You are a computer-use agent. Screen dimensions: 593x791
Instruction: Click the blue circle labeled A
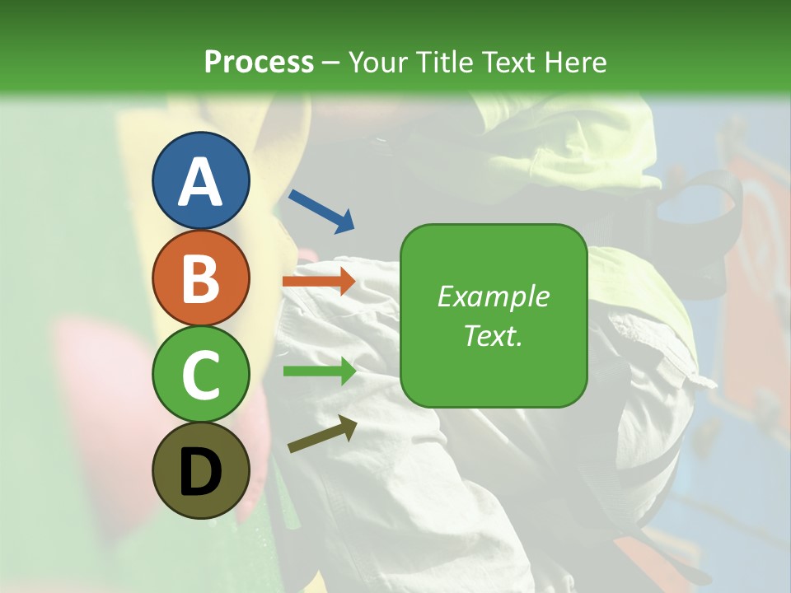click(x=200, y=180)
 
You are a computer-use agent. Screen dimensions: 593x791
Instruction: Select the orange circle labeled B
click(x=200, y=278)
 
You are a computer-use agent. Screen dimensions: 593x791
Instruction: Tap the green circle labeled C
click(x=200, y=375)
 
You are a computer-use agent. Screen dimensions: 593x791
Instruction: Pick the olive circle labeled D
click(x=200, y=471)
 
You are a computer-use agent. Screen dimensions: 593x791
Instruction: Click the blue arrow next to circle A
click(x=321, y=211)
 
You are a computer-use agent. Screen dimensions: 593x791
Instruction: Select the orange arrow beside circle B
click(x=319, y=282)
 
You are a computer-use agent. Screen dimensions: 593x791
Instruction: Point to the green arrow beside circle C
click(x=320, y=371)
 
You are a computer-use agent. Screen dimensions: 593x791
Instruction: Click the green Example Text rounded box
click(x=494, y=315)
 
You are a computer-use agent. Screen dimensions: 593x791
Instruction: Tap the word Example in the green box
click(x=494, y=296)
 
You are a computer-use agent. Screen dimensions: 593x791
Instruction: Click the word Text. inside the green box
click(x=494, y=335)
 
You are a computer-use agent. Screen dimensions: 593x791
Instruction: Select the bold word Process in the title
click(x=259, y=63)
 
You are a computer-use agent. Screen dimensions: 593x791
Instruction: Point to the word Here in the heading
click(x=578, y=63)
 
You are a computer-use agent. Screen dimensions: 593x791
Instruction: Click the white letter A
click(x=200, y=181)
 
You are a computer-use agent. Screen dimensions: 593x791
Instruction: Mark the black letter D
click(x=200, y=472)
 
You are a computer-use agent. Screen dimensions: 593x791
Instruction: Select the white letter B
click(x=200, y=278)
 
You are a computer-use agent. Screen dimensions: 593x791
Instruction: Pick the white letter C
click(x=200, y=376)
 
